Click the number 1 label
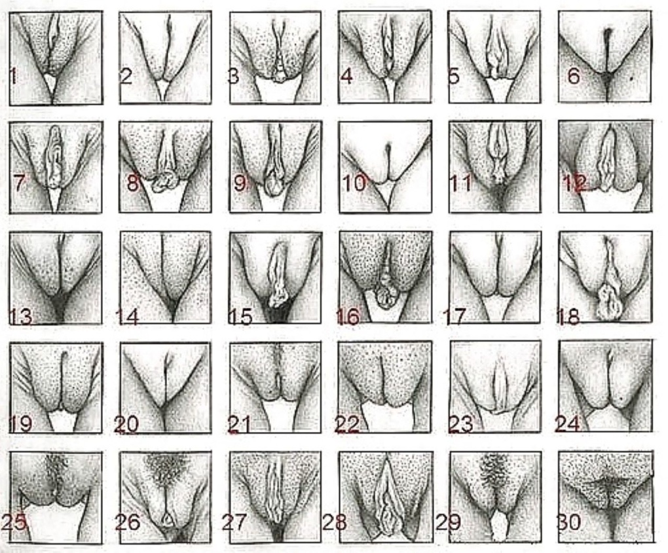13,76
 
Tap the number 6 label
574,76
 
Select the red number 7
19,183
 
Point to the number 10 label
354,183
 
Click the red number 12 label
575,183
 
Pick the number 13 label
20,317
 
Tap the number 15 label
241,317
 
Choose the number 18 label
568,317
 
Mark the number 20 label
126,424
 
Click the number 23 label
460,424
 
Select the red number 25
14,522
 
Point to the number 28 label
334,522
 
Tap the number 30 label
568,522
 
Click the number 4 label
347,76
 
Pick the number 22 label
347,424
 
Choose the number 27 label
234,522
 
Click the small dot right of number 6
631,79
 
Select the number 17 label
454,317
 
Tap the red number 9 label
240,183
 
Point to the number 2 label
126,76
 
